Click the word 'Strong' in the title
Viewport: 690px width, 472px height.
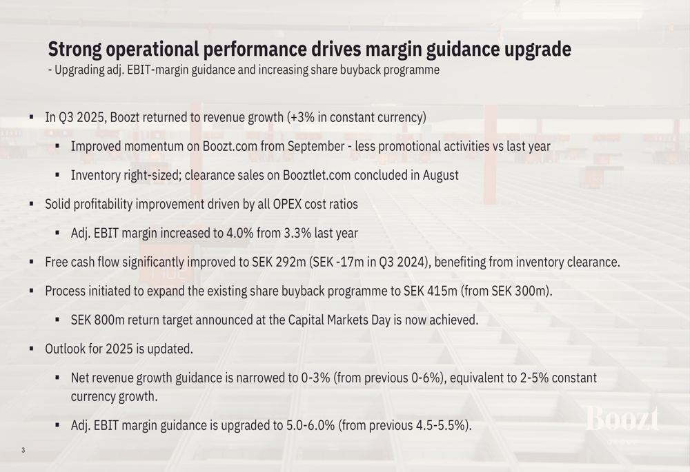75,50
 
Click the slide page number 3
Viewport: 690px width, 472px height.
23,451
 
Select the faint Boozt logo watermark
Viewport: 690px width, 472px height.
622,419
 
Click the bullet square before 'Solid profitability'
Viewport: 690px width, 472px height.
31,204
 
